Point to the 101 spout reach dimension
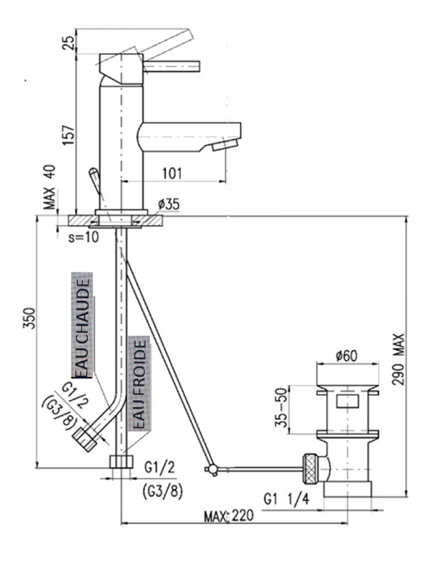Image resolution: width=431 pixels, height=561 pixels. click(x=171, y=173)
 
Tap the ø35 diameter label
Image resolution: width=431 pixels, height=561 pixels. click(x=167, y=204)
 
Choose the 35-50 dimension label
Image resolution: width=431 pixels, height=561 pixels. click(x=283, y=410)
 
